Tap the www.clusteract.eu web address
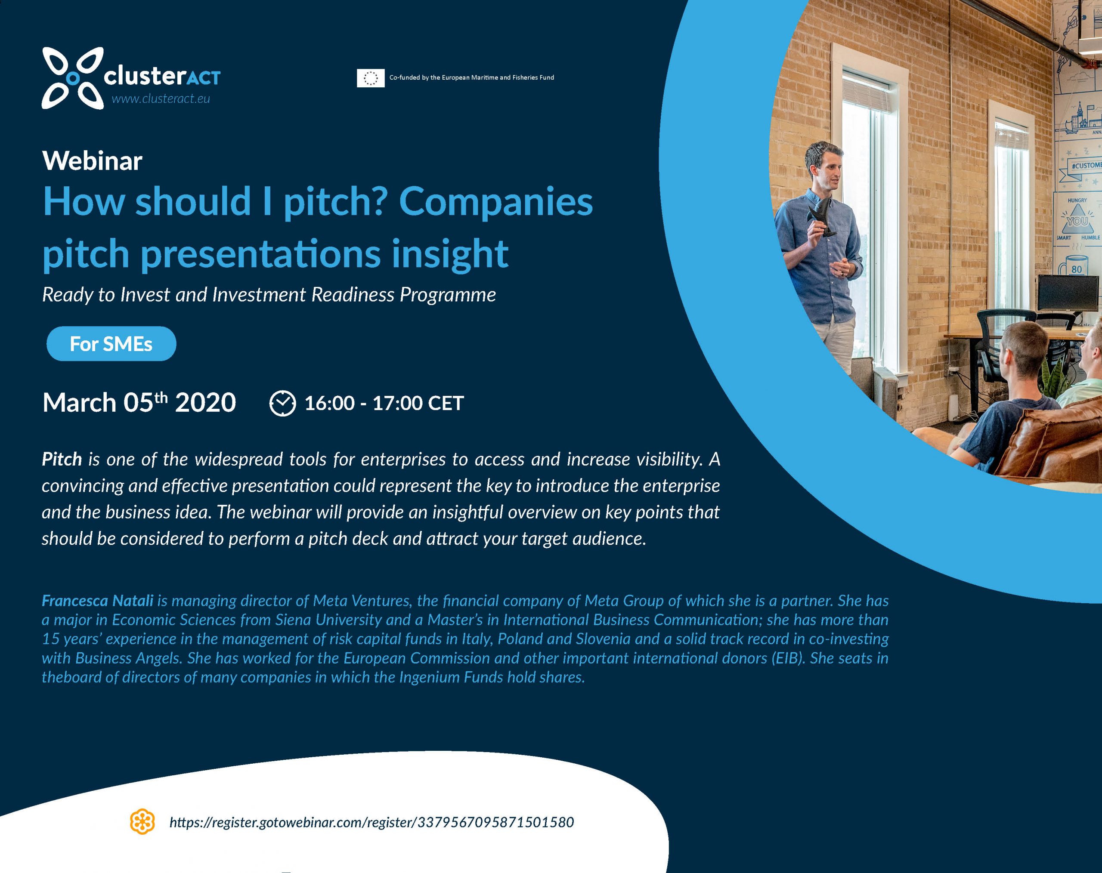(161, 99)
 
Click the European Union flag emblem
(371, 77)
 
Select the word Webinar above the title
(93, 161)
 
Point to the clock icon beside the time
(282, 403)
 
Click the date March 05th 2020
(139, 403)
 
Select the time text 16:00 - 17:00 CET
(384, 403)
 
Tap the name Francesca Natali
(98, 601)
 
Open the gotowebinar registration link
(371, 822)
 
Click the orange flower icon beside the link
(142, 821)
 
